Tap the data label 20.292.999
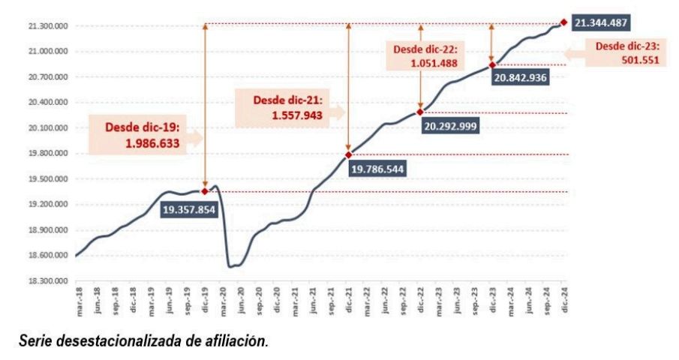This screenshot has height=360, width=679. click(451, 127)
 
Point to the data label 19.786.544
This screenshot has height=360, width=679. click(377, 169)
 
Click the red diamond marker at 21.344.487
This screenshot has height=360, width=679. click(563, 22)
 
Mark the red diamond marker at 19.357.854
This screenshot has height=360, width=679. click(205, 191)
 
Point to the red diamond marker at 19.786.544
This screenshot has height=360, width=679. click(348, 154)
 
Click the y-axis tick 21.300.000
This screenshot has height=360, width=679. click(47, 26)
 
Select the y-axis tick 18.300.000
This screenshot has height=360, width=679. click(47, 281)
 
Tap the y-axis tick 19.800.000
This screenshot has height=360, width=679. click(47, 154)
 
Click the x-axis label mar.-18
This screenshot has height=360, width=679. click(77, 298)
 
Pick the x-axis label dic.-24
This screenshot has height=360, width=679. click(564, 298)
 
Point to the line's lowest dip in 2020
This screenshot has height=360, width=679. click(232, 266)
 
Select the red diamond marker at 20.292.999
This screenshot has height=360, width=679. click(420, 112)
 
